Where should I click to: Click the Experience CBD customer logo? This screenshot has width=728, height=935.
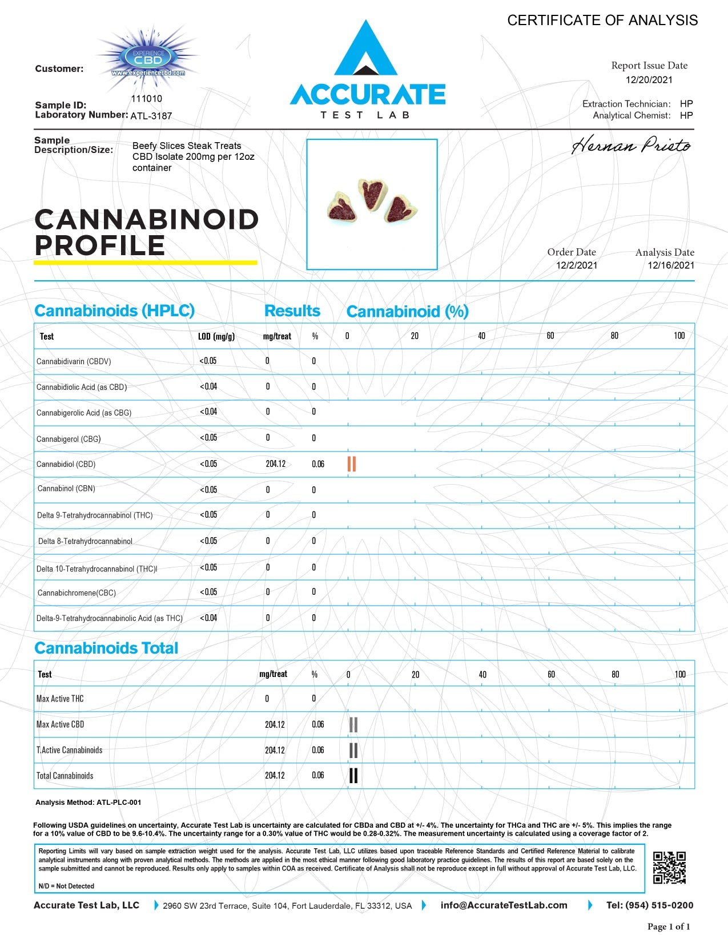click(x=148, y=59)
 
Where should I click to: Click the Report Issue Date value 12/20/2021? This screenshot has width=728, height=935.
click(x=649, y=80)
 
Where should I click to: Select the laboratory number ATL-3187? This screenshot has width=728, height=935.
click(x=151, y=116)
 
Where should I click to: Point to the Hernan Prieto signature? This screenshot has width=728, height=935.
click(x=631, y=146)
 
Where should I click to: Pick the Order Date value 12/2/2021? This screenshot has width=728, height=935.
click(x=577, y=265)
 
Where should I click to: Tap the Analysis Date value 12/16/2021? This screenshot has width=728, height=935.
click(x=671, y=265)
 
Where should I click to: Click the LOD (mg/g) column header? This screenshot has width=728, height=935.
click(x=216, y=336)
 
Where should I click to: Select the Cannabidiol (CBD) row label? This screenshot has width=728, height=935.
click(x=66, y=464)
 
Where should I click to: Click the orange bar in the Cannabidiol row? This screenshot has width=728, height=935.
click(x=352, y=464)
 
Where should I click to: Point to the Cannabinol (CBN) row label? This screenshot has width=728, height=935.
click(x=66, y=489)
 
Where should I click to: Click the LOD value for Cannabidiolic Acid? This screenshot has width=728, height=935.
click(x=208, y=386)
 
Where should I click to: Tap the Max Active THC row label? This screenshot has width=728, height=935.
click(x=60, y=699)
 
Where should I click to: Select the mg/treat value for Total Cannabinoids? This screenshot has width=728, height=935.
click(x=275, y=775)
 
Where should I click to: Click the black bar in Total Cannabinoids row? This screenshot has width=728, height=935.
click(x=353, y=776)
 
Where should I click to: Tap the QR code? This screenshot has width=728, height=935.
click(x=669, y=868)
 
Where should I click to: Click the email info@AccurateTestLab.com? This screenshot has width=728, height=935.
click(x=504, y=905)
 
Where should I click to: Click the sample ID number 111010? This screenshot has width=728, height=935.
click(x=147, y=99)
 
